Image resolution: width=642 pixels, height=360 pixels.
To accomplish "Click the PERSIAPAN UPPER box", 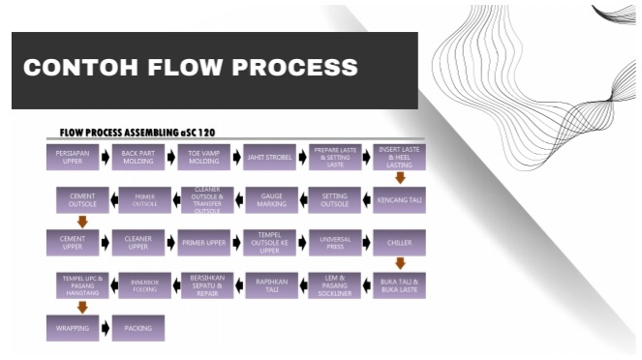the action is (x=73, y=158).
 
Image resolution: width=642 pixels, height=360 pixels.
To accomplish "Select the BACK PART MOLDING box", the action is (x=138, y=158).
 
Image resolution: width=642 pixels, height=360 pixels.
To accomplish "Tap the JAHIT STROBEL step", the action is (x=270, y=158).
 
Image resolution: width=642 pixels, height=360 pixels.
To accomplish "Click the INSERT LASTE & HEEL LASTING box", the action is (x=399, y=158).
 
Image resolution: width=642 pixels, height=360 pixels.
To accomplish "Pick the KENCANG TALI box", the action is (x=399, y=200).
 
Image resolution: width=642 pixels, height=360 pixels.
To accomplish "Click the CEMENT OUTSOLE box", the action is (x=82, y=200).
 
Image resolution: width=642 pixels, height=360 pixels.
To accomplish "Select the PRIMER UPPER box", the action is (x=205, y=242).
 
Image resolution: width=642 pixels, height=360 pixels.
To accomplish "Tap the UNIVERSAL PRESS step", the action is (x=335, y=242).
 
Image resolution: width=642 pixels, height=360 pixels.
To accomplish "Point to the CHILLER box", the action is (x=399, y=242).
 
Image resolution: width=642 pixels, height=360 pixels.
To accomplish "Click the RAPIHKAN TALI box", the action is (x=270, y=285).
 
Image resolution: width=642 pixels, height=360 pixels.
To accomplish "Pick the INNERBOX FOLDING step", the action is (x=144, y=285).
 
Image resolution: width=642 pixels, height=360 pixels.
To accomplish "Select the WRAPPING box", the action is (x=73, y=328).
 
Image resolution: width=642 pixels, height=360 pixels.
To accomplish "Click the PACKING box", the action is (x=138, y=328).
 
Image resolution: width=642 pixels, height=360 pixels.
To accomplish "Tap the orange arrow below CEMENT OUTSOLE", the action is (x=82, y=222).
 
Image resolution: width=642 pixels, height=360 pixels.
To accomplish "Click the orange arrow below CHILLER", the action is (x=399, y=263).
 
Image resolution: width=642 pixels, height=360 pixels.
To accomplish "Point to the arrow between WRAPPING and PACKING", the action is (x=106, y=328).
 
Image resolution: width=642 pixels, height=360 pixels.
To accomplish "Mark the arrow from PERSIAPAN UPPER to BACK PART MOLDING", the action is (x=106, y=158).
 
